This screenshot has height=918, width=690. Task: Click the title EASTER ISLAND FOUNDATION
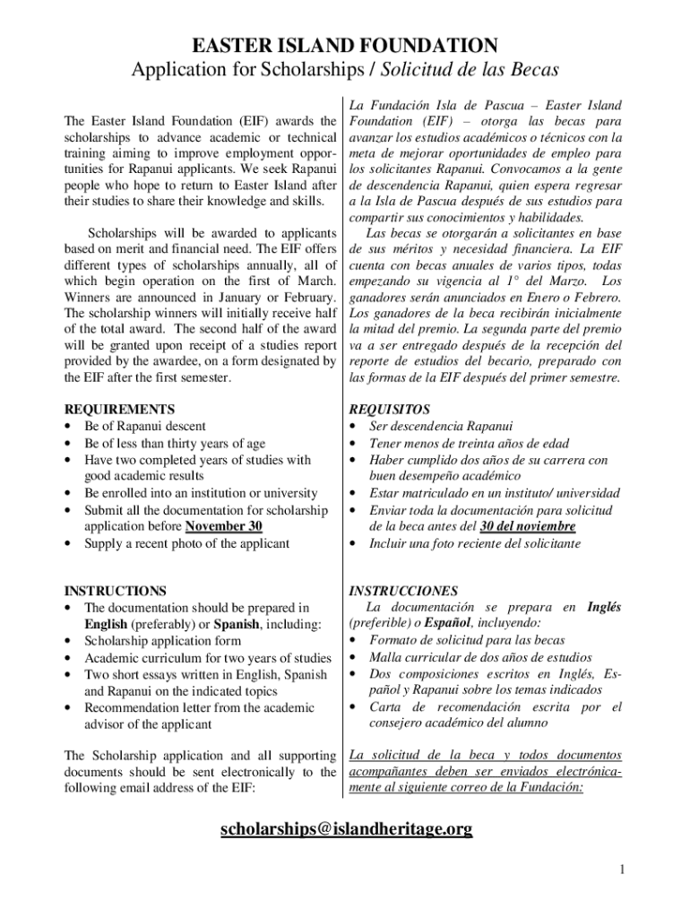346,45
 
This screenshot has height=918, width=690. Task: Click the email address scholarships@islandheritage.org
346,829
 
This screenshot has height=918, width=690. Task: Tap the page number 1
622,869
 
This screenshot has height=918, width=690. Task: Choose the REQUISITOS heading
390,409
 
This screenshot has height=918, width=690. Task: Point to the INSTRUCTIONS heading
116,591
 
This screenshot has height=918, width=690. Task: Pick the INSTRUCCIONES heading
403,591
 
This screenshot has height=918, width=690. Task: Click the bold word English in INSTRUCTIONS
106,624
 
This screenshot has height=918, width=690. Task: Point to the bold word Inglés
604,607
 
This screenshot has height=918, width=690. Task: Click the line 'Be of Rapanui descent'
144,426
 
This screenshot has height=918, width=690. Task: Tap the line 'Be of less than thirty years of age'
175,443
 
